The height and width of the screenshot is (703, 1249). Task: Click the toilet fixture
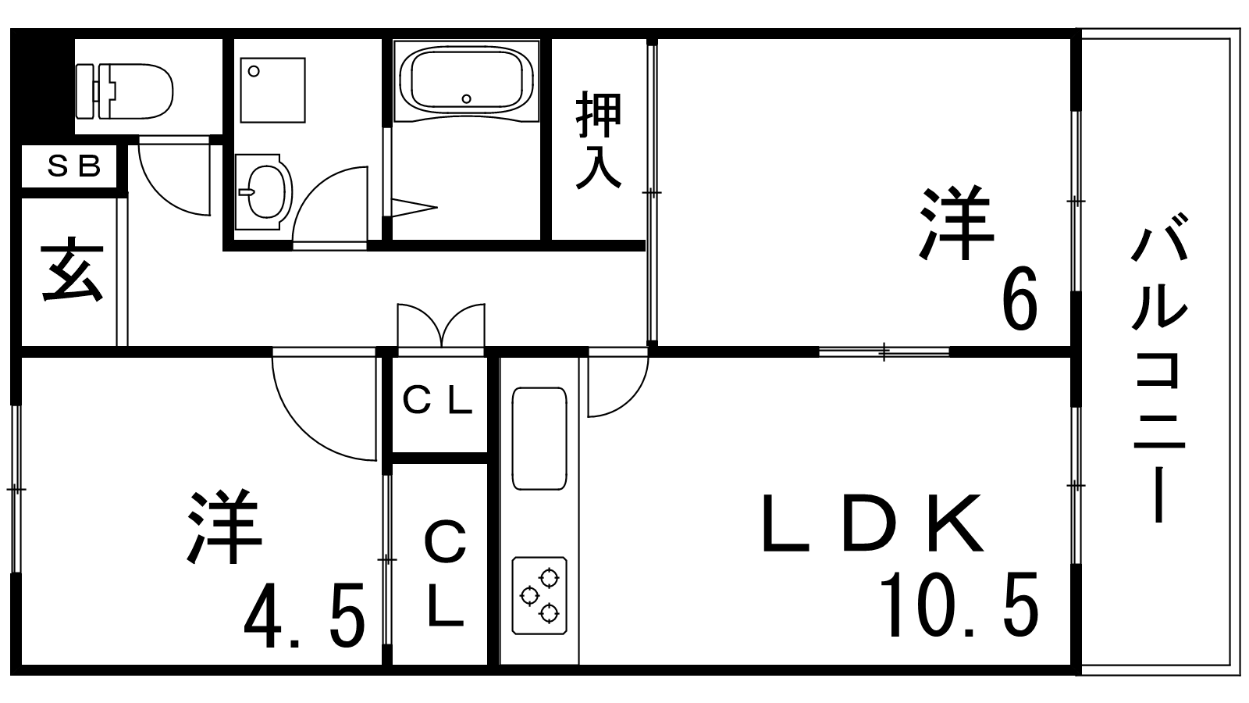click(124, 91)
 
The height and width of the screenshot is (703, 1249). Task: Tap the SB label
click(73, 166)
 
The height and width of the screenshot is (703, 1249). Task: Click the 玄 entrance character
click(72, 270)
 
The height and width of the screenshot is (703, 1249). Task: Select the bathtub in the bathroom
click(466, 81)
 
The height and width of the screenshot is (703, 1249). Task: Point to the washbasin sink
click(263, 192)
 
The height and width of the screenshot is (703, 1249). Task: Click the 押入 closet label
click(598, 140)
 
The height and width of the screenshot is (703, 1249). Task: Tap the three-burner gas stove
click(539, 595)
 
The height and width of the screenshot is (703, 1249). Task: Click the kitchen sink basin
click(539, 438)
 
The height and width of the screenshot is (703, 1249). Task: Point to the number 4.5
click(304, 616)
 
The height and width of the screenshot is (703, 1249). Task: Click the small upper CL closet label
click(438, 401)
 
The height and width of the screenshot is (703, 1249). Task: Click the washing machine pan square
click(272, 90)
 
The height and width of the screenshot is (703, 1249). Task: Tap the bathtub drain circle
click(466, 99)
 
